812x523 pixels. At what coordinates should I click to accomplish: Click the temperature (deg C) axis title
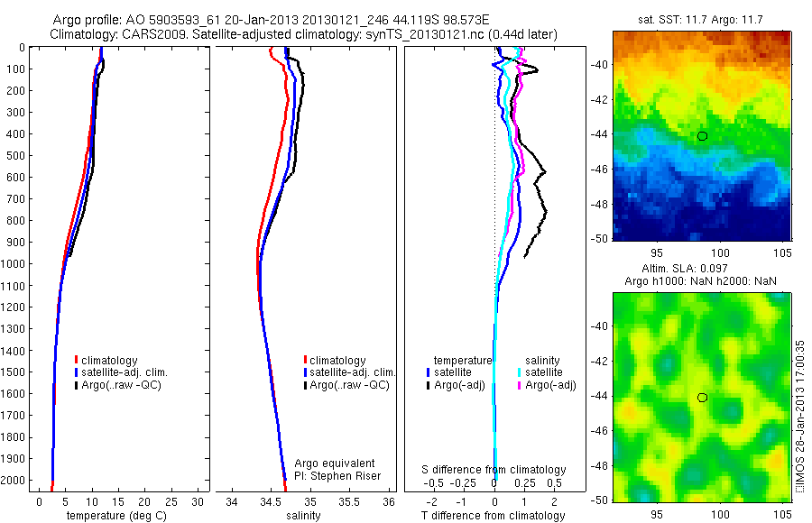click(119, 516)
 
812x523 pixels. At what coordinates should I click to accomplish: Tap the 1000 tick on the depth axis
click(15, 264)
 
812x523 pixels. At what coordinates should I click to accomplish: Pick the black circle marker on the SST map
click(702, 136)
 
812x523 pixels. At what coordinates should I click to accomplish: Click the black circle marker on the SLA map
click(702, 397)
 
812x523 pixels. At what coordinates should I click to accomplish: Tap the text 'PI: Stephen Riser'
click(337, 476)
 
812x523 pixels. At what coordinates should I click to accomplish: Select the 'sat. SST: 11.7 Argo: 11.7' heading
click(702, 18)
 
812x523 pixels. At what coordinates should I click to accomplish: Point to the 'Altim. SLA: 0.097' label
click(701, 270)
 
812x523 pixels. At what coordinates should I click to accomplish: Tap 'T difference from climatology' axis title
click(494, 516)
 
